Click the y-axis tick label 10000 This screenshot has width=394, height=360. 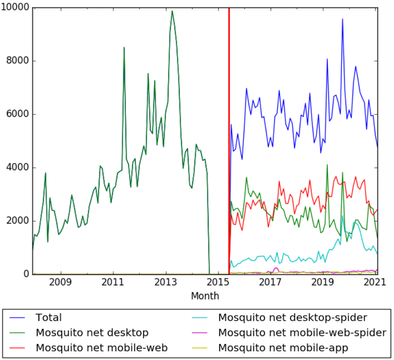click(15, 8)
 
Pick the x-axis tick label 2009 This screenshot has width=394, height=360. click(61, 283)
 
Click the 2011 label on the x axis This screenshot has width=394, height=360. click(113, 283)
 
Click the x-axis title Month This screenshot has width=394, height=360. click(205, 296)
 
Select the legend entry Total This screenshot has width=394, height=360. click(49, 318)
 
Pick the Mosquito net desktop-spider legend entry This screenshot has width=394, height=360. click(292, 318)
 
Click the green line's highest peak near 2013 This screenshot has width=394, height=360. click(172, 11)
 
